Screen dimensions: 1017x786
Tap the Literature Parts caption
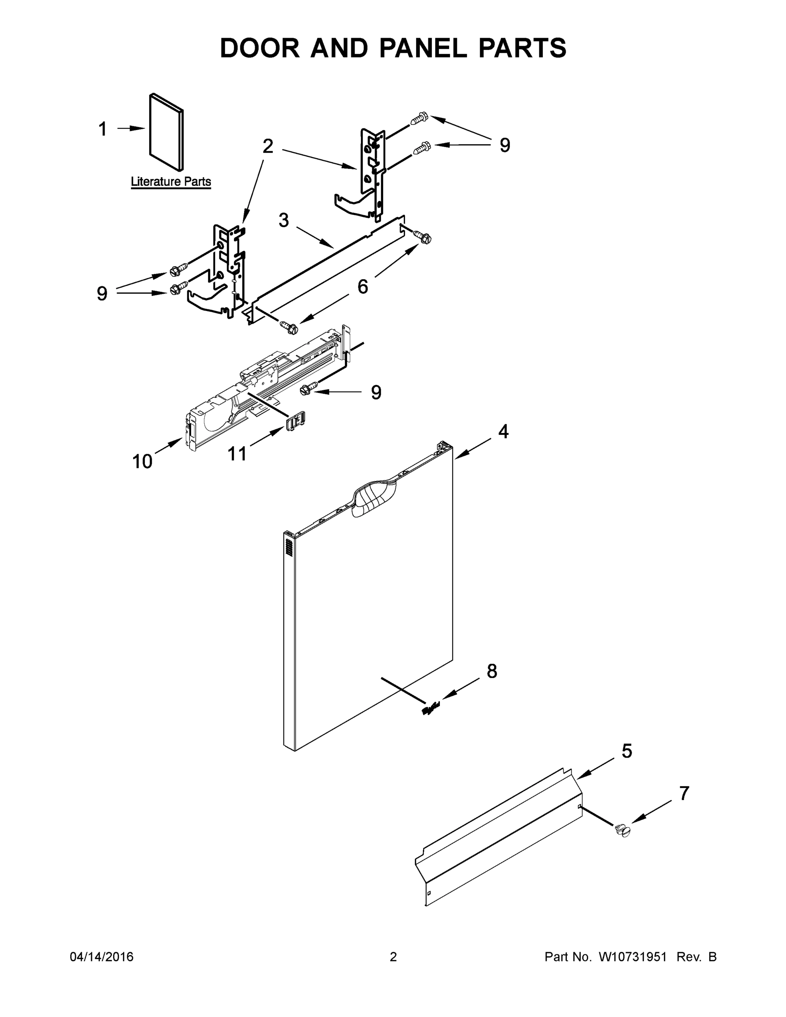pos(170,182)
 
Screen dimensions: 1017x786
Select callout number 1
pos(103,129)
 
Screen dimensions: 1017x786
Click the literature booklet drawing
pos(166,132)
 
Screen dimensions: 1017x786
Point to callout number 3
pos(283,220)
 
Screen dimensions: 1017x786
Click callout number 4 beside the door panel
pos(503,432)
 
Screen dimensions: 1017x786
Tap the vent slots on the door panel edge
pos(289,546)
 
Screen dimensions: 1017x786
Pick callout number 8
pos(492,671)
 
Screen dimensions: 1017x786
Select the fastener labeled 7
pos(622,830)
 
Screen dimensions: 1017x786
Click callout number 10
pos(142,461)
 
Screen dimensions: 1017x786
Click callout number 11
pos(237,453)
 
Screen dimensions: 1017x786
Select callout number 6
pos(362,286)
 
